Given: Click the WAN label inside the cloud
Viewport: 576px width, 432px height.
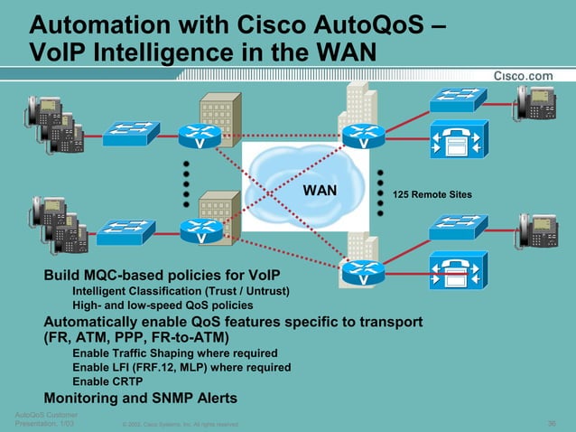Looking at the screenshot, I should (319, 191).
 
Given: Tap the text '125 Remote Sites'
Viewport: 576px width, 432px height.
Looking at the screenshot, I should (431, 194).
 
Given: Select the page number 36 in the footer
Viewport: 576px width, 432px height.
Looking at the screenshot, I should (552, 423).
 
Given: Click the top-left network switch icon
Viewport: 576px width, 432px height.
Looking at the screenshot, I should (131, 134).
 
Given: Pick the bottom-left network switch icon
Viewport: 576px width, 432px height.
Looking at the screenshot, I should (125, 232).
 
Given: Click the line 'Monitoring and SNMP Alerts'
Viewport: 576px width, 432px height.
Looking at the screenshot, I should (141, 398).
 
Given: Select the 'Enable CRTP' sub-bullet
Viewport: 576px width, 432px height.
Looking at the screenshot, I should (107, 381).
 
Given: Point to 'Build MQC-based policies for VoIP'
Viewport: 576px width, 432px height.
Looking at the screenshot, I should (163, 275).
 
